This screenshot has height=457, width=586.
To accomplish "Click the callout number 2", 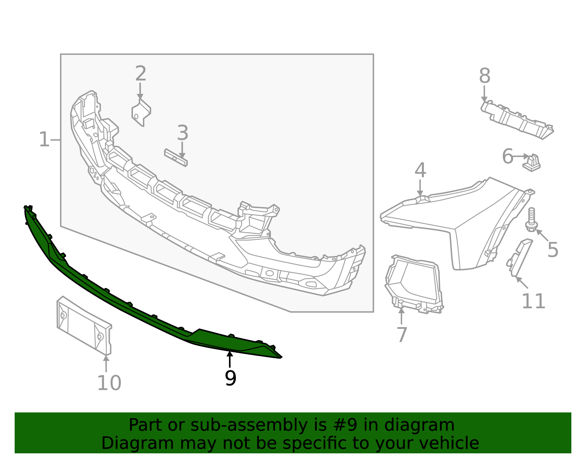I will pyautogui.click(x=141, y=74).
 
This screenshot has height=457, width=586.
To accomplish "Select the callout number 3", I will pyautogui.click(x=182, y=133).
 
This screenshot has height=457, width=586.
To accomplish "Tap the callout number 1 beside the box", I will pyautogui.click(x=44, y=140).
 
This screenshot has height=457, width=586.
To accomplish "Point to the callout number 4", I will pyautogui.click(x=420, y=171).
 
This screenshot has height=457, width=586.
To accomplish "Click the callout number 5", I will pyautogui.click(x=553, y=250).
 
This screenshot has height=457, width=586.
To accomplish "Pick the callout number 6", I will pyautogui.click(x=508, y=157).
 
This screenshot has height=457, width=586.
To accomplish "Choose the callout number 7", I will pyautogui.click(x=402, y=335).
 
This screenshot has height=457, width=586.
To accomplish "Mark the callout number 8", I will pyautogui.click(x=485, y=76).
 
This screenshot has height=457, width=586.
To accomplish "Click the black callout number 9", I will pyautogui.click(x=230, y=378).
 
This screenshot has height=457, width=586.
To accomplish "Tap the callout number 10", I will pyautogui.click(x=109, y=383).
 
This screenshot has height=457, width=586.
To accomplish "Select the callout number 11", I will pyautogui.click(x=533, y=301).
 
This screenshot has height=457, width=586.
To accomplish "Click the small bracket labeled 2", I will pyautogui.click(x=141, y=112).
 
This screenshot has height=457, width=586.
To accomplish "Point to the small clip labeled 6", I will pyautogui.click(x=532, y=163).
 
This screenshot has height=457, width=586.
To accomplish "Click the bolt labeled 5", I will pyautogui.click(x=531, y=220).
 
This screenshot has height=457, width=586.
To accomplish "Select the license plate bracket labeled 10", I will pyautogui.click(x=84, y=325).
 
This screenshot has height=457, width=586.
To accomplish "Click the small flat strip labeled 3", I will pyautogui.click(x=176, y=157).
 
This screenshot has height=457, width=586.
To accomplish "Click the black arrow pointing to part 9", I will pyautogui.click(x=230, y=359).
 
